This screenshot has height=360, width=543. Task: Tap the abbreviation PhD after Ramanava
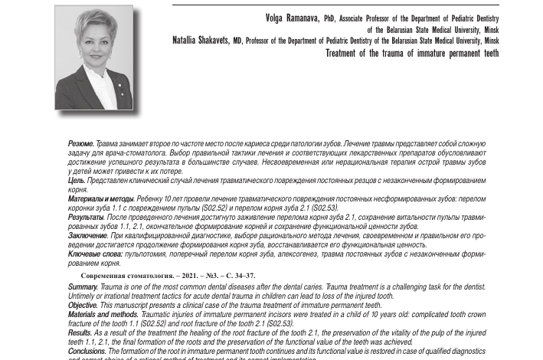pyautogui.click(x=330, y=18)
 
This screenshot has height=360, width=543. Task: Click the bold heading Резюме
pyautogui.click(x=81, y=143)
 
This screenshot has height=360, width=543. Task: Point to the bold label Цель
pyautogui.click(x=77, y=180)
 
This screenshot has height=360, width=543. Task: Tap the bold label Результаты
pyautogui.click(x=86, y=218)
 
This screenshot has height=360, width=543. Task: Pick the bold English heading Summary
pyautogui.click(x=83, y=286)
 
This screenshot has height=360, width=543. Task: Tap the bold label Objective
pyautogui.click(x=83, y=305)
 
